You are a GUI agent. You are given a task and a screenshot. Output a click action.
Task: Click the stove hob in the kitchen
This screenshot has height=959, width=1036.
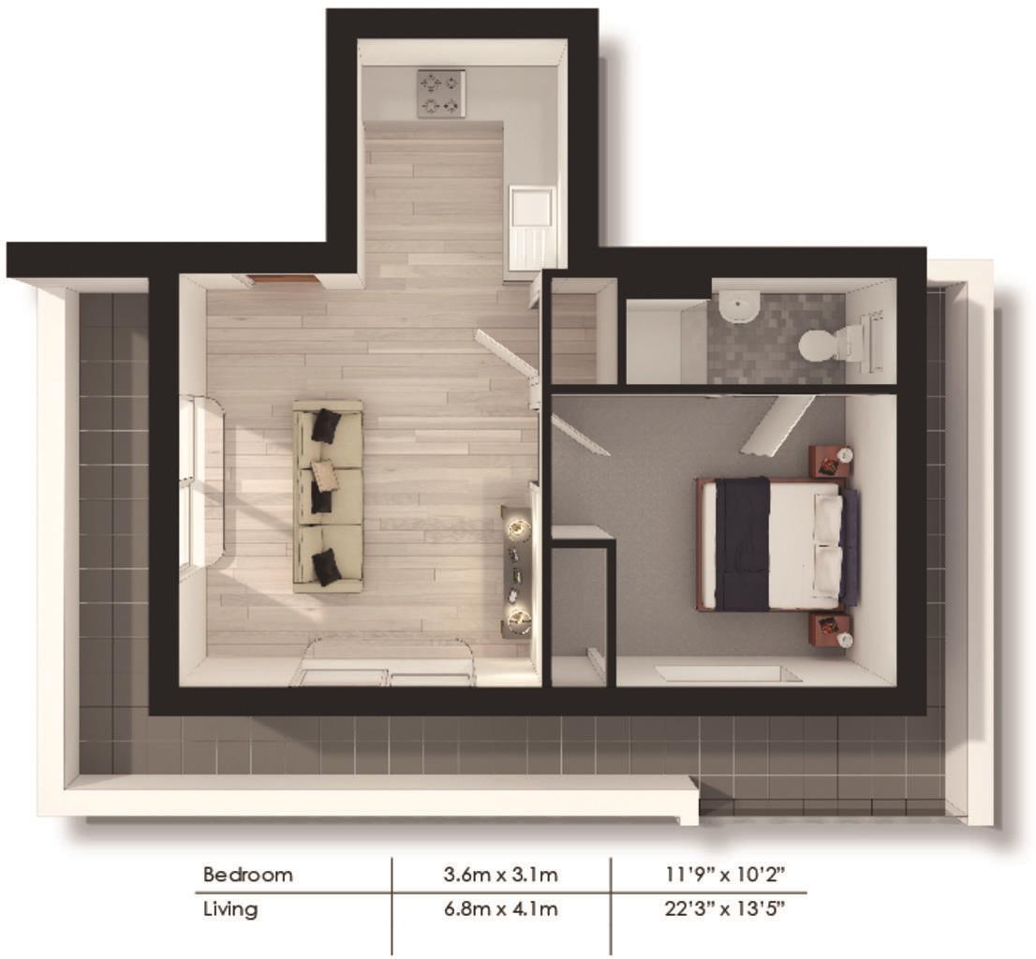[x=441, y=95]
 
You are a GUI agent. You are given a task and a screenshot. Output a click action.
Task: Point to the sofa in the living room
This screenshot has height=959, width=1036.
[x=328, y=496]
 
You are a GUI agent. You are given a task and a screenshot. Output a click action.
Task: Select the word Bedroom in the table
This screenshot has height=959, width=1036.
[x=248, y=875]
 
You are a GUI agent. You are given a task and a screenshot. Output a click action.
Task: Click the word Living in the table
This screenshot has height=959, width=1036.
[x=230, y=908]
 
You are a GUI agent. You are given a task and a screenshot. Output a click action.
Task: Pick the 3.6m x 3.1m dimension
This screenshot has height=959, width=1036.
[x=501, y=875]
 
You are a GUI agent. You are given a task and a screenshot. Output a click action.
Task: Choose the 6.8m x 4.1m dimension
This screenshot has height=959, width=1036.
[x=501, y=908]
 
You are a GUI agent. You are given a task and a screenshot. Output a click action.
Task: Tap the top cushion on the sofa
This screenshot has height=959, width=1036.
[x=325, y=425]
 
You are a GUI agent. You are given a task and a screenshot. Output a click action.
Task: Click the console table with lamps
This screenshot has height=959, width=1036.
[x=516, y=571]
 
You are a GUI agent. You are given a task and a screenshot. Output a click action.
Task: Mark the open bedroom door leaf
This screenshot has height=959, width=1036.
[x=777, y=423]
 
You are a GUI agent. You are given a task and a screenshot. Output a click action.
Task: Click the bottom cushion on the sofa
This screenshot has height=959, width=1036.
[x=325, y=567]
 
